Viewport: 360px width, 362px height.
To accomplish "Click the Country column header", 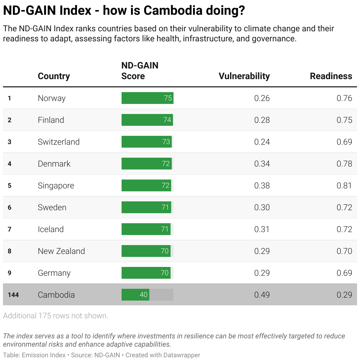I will click(x=54, y=76).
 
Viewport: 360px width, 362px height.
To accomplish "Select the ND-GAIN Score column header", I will click(x=140, y=71).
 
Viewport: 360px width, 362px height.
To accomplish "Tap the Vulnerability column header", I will click(x=244, y=76).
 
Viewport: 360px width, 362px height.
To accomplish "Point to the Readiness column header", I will click(x=331, y=76).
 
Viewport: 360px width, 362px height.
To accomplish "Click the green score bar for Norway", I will click(x=147, y=98).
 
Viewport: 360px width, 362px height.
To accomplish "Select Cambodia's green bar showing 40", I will click(x=135, y=295).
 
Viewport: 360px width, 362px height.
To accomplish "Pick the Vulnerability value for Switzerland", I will click(x=262, y=142).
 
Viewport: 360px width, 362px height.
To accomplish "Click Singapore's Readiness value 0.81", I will click(x=344, y=185).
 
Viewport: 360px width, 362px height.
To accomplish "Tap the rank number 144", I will click(x=13, y=295).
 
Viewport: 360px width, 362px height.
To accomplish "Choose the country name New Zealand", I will click(x=61, y=251).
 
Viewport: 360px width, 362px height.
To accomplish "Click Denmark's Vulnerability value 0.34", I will click(x=262, y=164).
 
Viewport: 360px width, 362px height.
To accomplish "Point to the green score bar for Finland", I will click(x=147, y=120).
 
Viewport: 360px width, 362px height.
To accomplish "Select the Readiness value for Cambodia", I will click(x=344, y=295).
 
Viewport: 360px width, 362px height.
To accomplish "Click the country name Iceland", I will click(x=50, y=229).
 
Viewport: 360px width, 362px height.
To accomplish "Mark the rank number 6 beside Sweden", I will click(x=9, y=207).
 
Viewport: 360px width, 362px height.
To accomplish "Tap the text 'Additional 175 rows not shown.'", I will click(x=55, y=316).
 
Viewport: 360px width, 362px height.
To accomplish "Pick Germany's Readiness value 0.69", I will click(x=344, y=273).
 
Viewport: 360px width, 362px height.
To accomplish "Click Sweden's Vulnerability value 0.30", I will click(x=262, y=207).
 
